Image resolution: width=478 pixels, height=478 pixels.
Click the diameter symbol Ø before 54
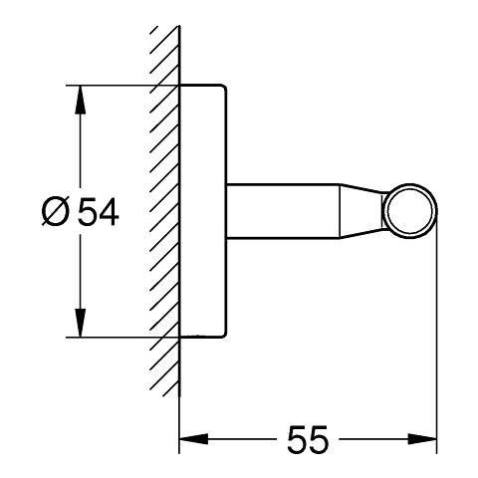pos(56,212)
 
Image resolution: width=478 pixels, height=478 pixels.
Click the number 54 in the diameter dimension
pos(98,212)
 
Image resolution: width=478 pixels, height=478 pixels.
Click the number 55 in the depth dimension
pos(308,439)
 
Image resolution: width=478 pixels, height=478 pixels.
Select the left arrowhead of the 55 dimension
pos(193,439)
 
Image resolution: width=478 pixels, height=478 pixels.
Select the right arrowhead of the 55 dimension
pos(422,439)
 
